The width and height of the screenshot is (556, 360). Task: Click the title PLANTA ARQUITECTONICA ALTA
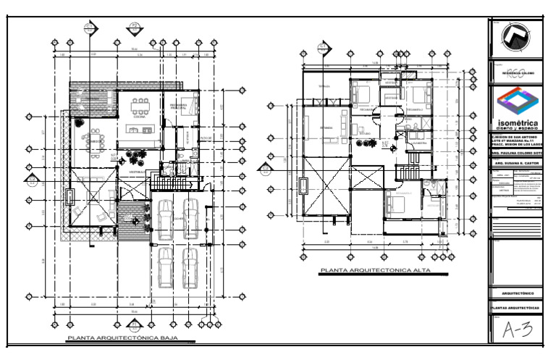coord(374,271)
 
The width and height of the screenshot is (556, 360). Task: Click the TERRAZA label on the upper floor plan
coord(324,87)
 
